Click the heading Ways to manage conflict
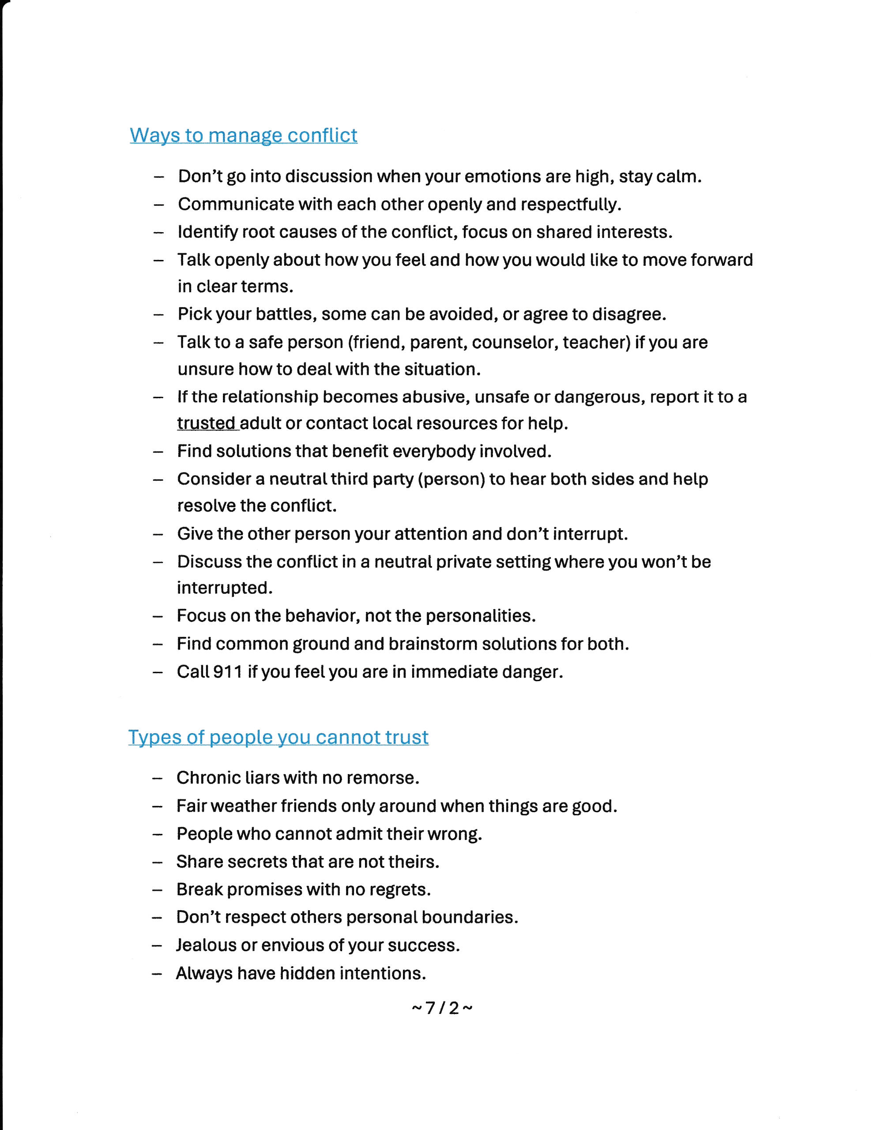click(x=243, y=136)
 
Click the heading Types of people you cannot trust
click(x=278, y=737)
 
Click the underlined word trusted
click(x=206, y=424)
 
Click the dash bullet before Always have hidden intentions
click(x=157, y=974)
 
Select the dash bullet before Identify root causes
click(x=159, y=232)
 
